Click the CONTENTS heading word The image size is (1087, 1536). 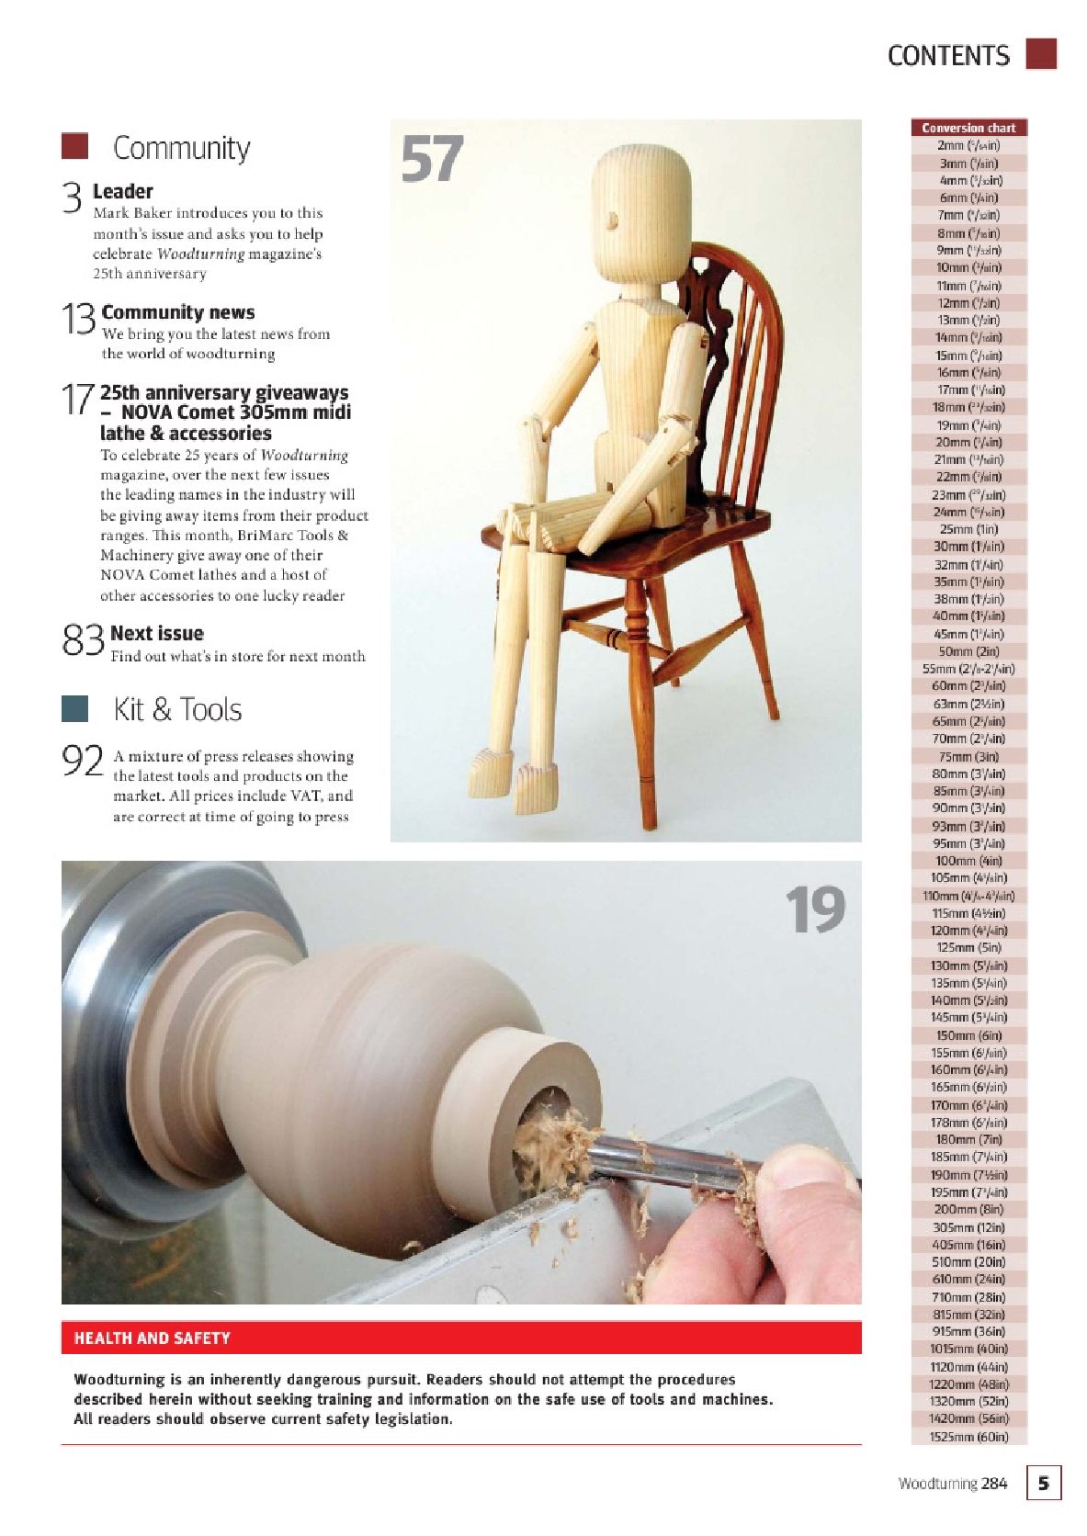947,56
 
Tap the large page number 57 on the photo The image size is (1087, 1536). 432,159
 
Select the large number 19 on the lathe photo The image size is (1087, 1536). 814,910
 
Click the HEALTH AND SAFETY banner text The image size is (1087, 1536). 153,1338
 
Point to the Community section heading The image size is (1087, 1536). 181,148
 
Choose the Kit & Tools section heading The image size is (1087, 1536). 177,709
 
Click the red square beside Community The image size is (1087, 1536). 74,146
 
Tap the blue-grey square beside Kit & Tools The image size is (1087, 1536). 74,708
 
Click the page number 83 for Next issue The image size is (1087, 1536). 83,639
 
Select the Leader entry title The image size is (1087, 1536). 122,191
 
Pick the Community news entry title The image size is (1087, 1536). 178,312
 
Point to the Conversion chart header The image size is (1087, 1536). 968,128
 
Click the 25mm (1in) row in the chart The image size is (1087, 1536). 968,529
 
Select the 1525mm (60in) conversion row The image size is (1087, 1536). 968,1437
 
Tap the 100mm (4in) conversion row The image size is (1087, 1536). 968,861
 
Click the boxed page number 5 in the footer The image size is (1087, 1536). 1043,1483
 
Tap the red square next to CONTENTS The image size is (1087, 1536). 1040,54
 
